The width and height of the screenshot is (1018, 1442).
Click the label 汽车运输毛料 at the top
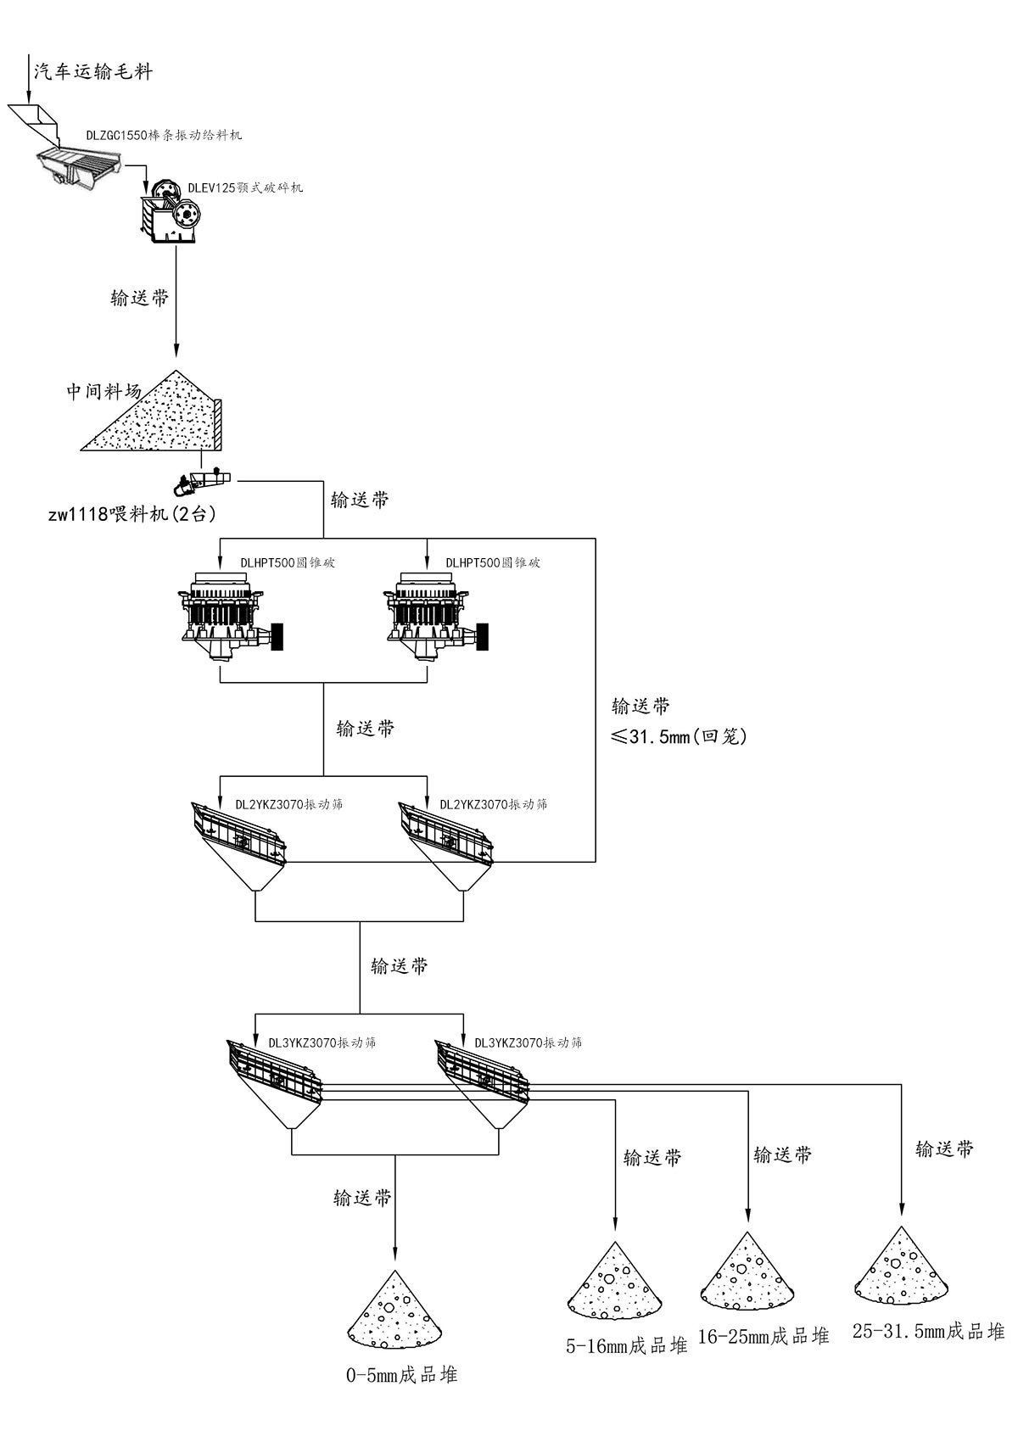click(x=92, y=71)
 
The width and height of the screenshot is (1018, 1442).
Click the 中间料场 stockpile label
click(x=104, y=391)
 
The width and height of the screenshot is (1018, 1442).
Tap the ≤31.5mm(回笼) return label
click(x=679, y=736)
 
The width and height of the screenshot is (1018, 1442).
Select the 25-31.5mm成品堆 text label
click(x=928, y=1332)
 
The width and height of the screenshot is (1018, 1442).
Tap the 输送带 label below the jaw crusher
click(x=140, y=298)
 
